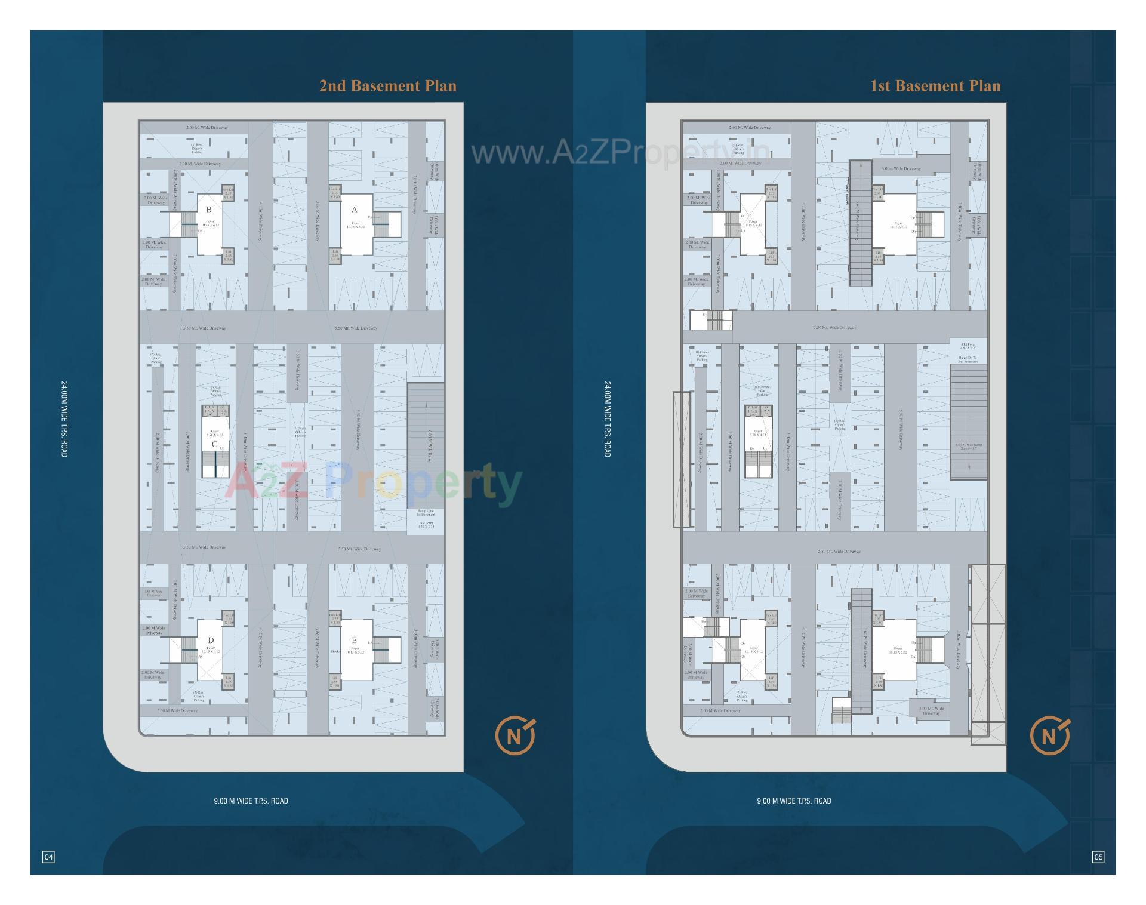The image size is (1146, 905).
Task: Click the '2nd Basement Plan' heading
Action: coord(388,86)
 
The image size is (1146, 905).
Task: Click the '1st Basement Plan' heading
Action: coord(935,86)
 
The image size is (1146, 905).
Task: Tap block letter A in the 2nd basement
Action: coord(354,210)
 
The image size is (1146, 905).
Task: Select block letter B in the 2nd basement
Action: coord(209,210)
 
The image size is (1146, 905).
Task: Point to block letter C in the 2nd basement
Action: coord(214,444)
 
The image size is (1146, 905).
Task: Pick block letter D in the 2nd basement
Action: coord(211,640)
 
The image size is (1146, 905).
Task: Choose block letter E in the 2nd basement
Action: coord(354,640)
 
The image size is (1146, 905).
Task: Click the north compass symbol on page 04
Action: coord(515,736)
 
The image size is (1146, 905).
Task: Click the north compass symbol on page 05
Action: coord(1050,736)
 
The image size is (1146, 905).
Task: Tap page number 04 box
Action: coord(48,857)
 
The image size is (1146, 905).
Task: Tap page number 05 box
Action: coord(1098,857)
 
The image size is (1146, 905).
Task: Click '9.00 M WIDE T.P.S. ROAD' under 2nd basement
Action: coord(251,801)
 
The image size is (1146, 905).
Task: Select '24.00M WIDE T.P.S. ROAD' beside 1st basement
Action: coord(607,419)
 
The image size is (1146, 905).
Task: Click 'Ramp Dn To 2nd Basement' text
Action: coord(968,360)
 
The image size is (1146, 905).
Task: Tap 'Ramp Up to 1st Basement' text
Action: coord(426,512)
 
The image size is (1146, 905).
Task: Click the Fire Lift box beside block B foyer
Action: coord(228,192)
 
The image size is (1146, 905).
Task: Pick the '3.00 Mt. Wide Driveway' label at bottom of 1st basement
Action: coord(931,710)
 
